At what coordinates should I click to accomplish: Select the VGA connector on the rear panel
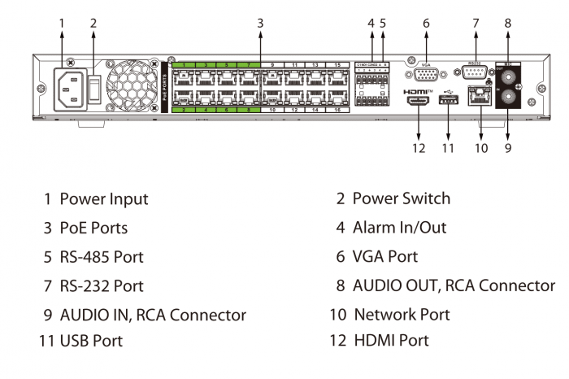click(425, 76)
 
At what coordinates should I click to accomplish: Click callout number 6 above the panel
click(425, 24)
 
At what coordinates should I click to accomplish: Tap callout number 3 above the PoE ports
click(260, 24)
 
